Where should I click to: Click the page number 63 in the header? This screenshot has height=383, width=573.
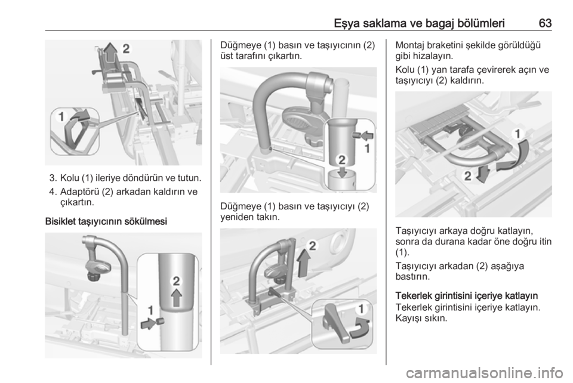tap(545, 23)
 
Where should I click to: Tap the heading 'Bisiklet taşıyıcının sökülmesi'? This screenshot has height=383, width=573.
tap(106, 221)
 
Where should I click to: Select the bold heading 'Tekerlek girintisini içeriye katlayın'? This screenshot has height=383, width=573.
tap(467, 295)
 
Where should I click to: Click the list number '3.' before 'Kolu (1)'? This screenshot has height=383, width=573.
tap(53, 178)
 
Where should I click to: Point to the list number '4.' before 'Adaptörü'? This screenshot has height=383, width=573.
tap(53, 191)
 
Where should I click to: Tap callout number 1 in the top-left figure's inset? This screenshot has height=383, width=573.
tap(61, 117)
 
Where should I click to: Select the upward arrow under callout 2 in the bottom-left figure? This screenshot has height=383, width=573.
tap(177, 297)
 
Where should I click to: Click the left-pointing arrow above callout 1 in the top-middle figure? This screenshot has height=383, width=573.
tap(367, 136)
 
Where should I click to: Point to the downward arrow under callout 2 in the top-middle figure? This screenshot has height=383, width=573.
tap(342, 172)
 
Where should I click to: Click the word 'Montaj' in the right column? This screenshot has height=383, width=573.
tap(409, 46)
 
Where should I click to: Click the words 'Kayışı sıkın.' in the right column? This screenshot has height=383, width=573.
tap(421, 317)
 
